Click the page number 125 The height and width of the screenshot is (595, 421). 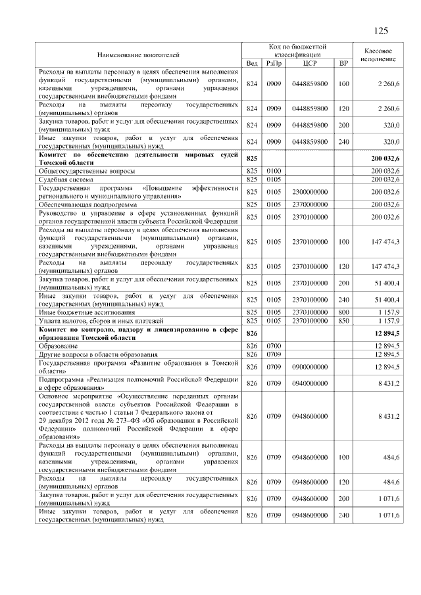381,31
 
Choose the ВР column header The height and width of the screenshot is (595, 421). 343,63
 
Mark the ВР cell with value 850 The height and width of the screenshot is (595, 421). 343,320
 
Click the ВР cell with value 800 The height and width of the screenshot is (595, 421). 343,312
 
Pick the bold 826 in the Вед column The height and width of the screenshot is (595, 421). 251,333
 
